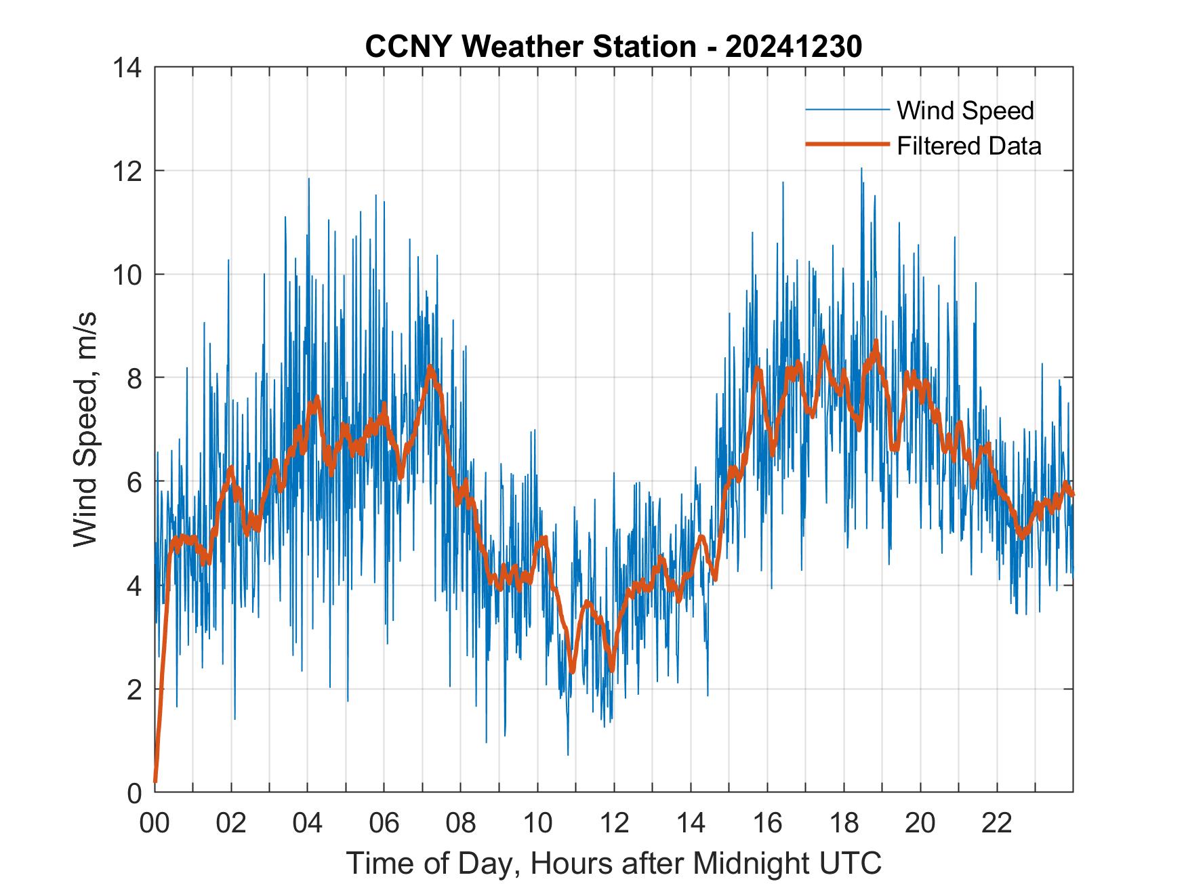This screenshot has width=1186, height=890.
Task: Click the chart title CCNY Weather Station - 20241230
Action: [x=613, y=47]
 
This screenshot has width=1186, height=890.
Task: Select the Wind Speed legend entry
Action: [x=965, y=110]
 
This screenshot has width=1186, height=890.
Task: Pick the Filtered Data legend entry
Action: [x=968, y=146]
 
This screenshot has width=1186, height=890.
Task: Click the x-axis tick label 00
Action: [x=155, y=824]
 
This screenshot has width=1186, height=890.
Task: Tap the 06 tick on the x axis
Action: [x=384, y=824]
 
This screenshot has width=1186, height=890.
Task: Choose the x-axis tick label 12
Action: [x=614, y=824]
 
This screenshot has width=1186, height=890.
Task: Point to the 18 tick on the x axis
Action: [x=844, y=824]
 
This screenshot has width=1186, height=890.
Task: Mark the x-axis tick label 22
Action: [x=997, y=824]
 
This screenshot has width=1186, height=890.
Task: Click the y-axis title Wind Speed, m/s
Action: [x=85, y=429]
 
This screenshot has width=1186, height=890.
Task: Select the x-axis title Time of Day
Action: [x=614, y=863]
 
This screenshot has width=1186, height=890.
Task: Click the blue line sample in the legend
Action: [x=846, y=110]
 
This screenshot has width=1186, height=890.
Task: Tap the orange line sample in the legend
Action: [x=846, y=144]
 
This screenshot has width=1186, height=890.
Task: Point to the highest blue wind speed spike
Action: [x=861, y=168]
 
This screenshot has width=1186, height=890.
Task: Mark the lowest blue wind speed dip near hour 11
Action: [x=568, y=754]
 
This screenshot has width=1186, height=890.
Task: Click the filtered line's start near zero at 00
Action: [x=156, y=781]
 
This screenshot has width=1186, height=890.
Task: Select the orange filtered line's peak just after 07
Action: [x=430, y=367]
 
